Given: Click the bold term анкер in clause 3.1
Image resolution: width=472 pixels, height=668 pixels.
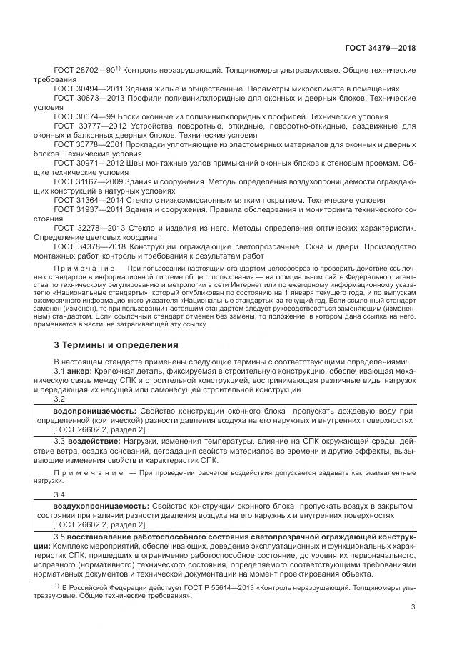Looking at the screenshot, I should [79, 372].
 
